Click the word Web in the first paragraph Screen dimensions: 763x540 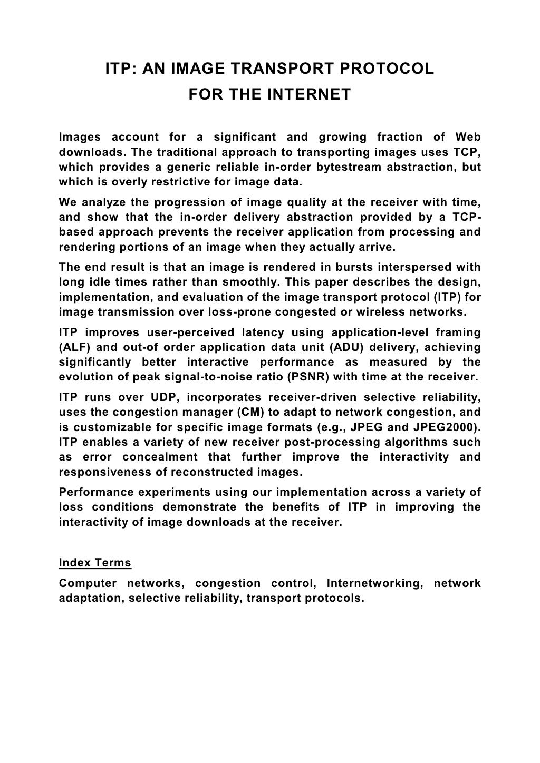pos(468,138)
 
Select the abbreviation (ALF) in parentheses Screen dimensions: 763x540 pos(74,347)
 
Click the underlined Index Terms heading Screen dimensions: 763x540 pos(95,563)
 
